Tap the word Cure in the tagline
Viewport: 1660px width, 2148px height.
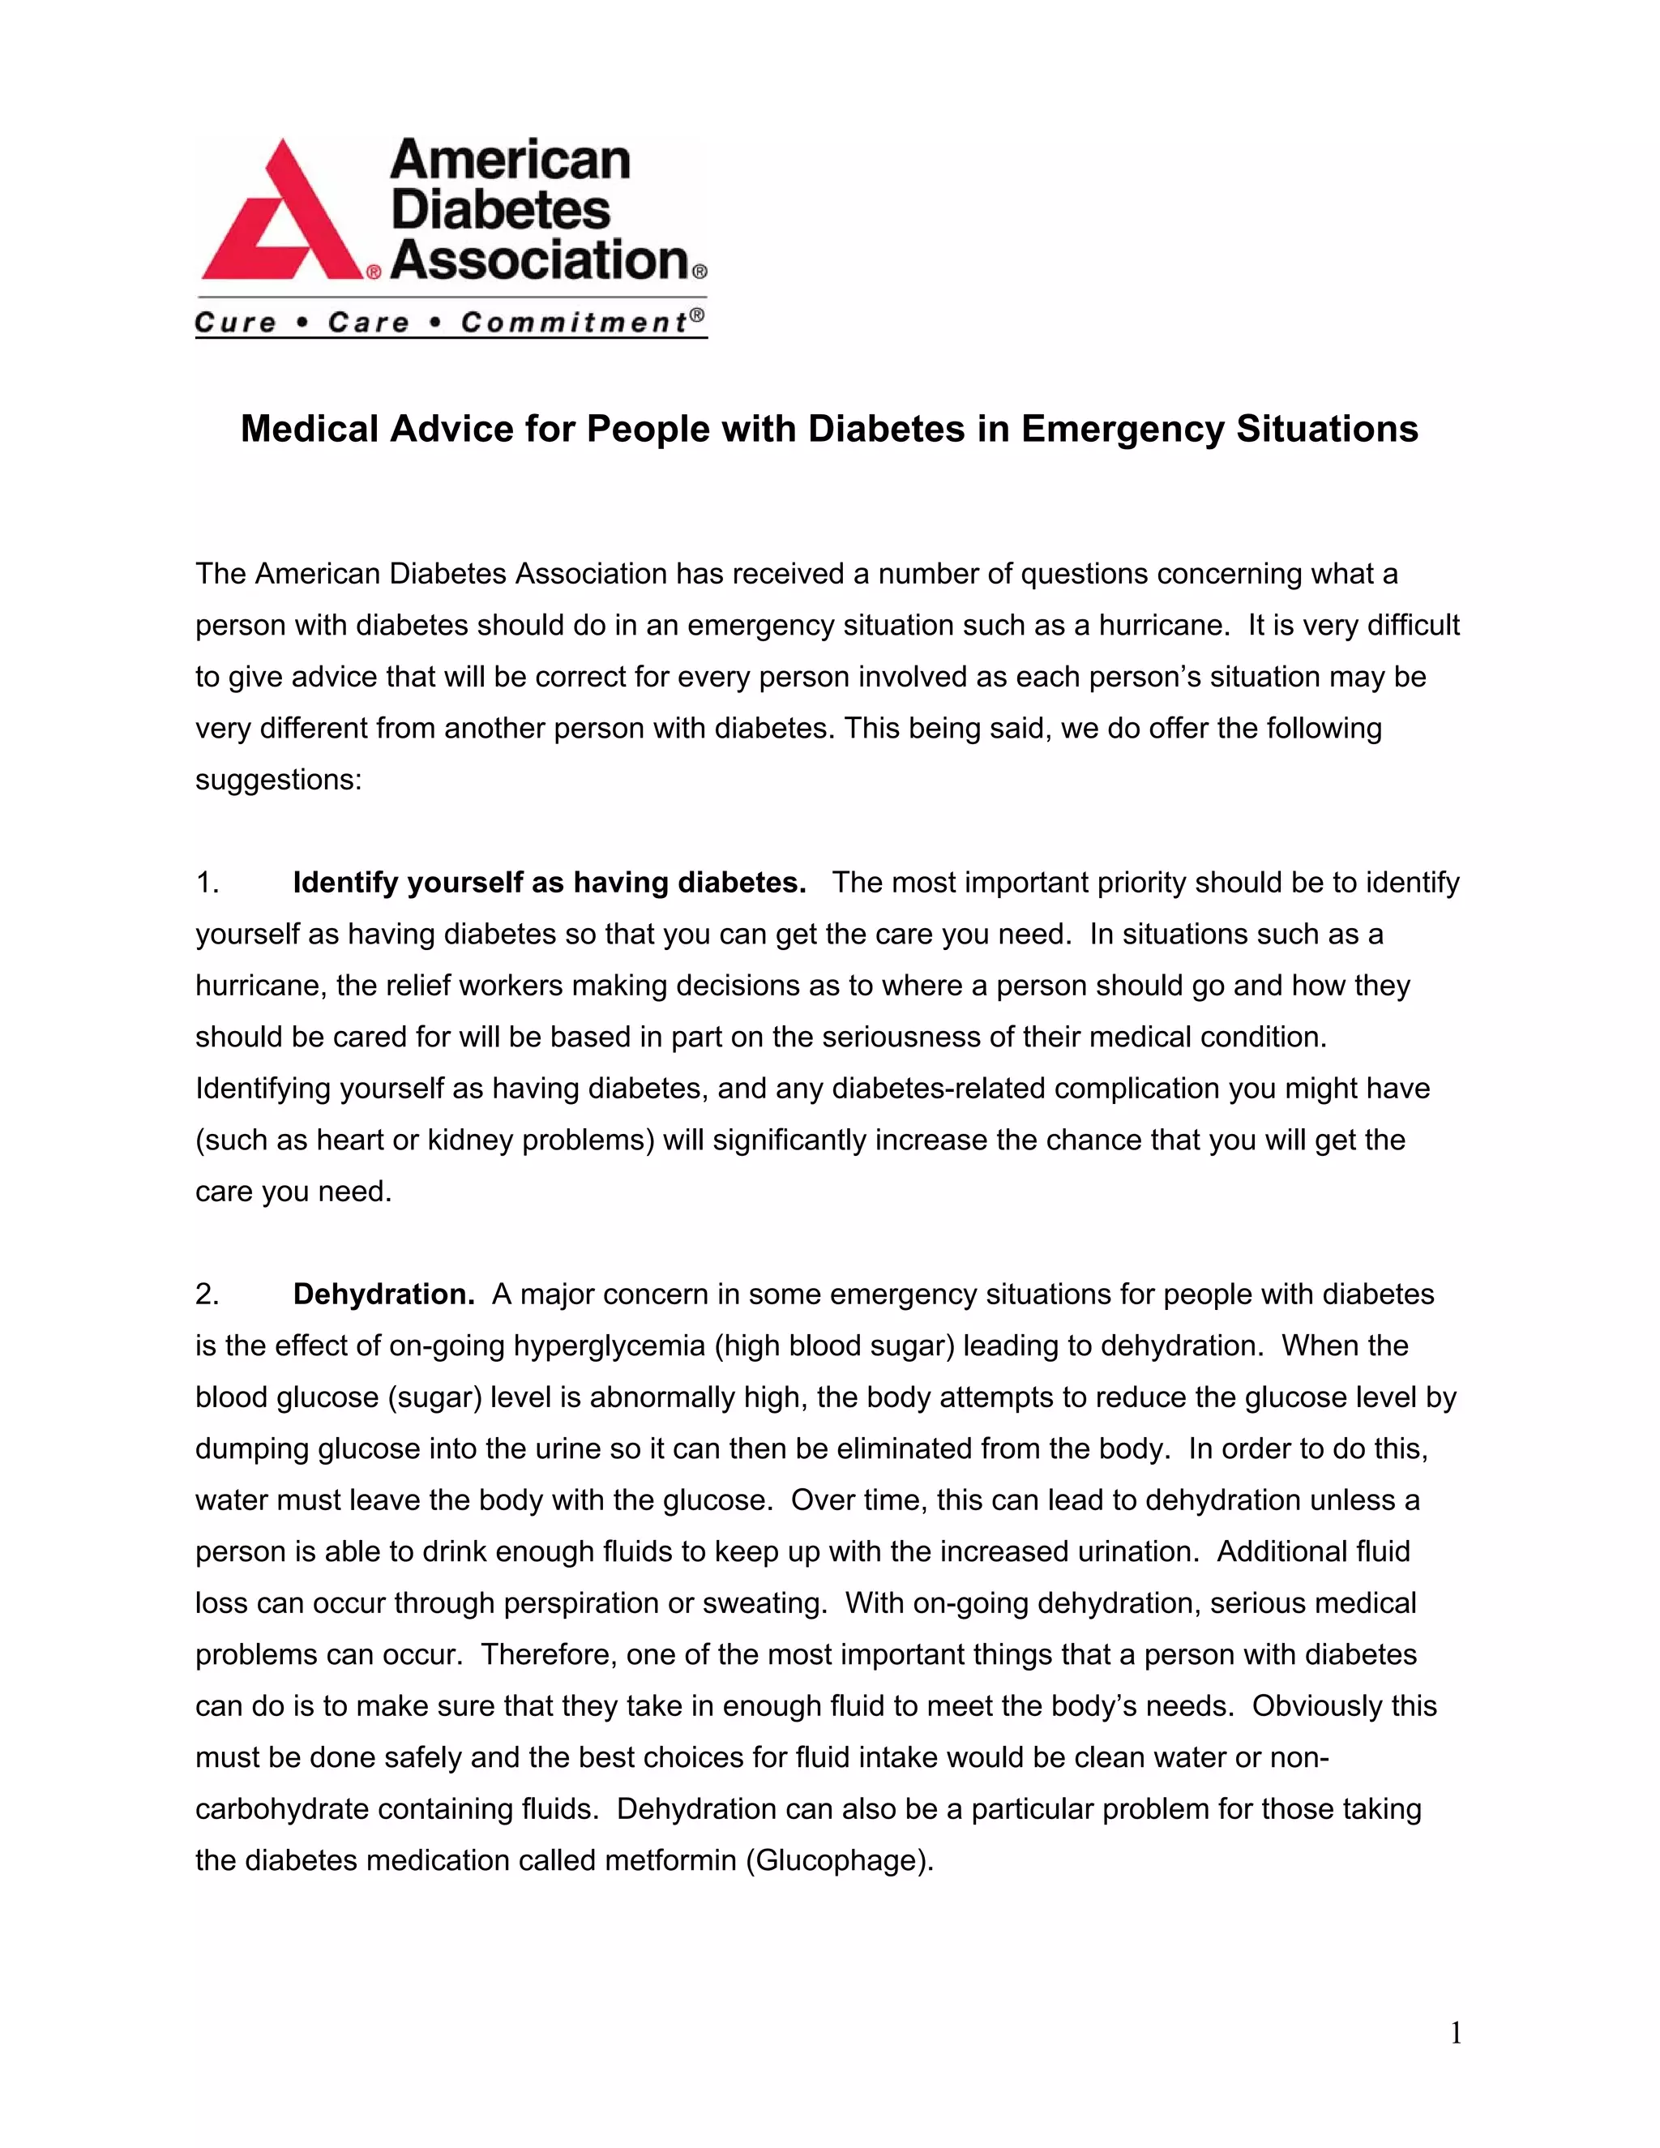[235, 323]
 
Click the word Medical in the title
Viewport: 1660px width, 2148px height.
[309, 429]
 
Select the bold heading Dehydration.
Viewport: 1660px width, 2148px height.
[383, 1294]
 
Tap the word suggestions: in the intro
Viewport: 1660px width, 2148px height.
[278, 780]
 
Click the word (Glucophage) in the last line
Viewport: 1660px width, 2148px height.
[838, 1861]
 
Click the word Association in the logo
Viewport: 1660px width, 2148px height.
[540, 259]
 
